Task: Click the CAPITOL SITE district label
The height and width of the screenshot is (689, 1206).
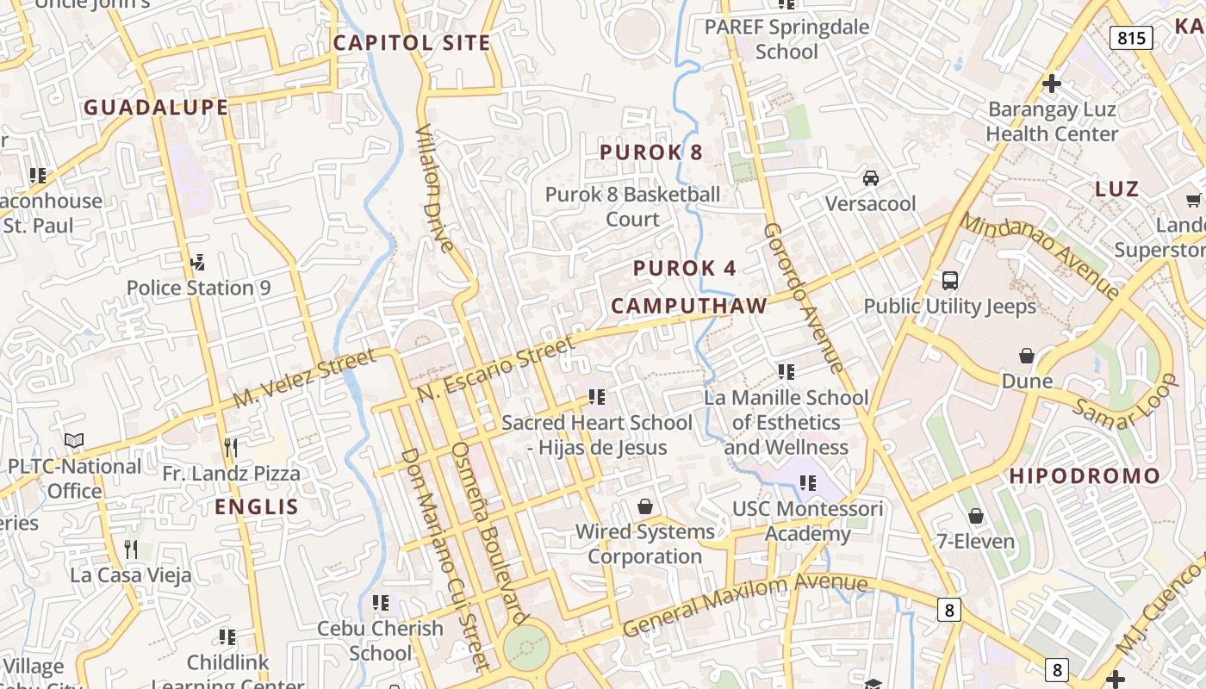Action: click(x=412, y=43)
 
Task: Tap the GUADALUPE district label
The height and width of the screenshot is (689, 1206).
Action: click(x=156, y=108)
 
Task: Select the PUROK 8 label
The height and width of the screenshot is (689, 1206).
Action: click(x=651, y=152)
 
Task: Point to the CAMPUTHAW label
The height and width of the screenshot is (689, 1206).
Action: click(x=689, y=306)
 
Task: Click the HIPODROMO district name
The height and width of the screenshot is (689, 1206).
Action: click(x=1085, y=476)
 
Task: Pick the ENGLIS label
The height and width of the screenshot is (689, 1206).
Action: click(x=256, y=506)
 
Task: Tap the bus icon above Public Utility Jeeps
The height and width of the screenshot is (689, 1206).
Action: click(x=950, y=281)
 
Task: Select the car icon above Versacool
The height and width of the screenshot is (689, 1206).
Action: click(x=871, y=178)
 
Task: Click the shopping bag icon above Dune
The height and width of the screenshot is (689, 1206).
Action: click(x=1027, y=356)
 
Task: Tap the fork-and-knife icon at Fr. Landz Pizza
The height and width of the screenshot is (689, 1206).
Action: click(x=231, y=447)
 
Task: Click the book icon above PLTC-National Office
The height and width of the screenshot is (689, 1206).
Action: click(x=75, y=441)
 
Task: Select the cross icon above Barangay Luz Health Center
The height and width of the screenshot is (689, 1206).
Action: click(x=1051, y=84)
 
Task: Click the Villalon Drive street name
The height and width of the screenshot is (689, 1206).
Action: click(x=434, y=188)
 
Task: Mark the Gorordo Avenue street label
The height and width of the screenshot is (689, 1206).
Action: click(x=802, y=297)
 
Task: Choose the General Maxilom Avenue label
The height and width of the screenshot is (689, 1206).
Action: click(x=744, y=605)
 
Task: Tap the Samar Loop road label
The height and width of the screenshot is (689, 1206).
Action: click(x=1124, y=402)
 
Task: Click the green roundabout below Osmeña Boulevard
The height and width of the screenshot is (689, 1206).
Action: click(x=525, y=646)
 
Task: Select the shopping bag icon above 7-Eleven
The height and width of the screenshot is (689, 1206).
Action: click(x=976, y=517)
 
